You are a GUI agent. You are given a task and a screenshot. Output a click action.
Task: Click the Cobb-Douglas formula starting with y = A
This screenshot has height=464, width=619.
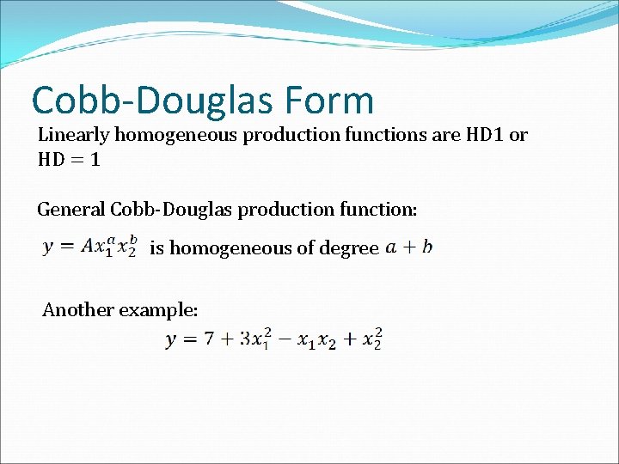click(89, 247)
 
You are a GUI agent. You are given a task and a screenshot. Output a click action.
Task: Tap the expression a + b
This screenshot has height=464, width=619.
click(409, 247)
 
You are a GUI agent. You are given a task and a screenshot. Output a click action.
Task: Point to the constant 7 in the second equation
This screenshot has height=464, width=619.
click(209, 340)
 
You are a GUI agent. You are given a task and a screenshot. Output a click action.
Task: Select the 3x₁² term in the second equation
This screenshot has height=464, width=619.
click(257, 340)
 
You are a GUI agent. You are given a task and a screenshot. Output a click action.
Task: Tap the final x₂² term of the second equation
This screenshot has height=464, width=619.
click(372, 340)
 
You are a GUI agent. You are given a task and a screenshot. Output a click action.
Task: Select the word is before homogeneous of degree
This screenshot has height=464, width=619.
click(156, 248)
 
